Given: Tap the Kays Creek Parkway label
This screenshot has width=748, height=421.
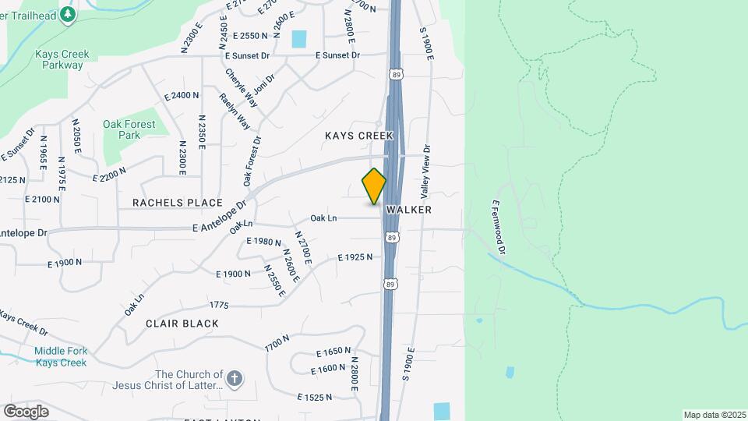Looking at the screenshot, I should tap(62, 59).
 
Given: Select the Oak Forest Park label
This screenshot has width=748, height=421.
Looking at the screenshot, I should tap(122, 129).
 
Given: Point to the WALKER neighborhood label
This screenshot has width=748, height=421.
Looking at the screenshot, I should tap(408, 210).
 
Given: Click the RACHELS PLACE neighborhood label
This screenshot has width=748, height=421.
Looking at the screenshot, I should tap(178, 203).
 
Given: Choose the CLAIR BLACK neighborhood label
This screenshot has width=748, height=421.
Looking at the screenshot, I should tap(181, 323).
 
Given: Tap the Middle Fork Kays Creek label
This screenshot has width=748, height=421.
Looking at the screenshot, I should tap(60, 357).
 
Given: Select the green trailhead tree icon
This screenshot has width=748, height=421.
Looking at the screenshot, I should tap(68, 13).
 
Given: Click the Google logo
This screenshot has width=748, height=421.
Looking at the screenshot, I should tap(26, 411).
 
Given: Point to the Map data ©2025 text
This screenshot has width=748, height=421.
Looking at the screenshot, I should tap(713, 415).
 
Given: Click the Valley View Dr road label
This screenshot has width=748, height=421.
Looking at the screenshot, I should tap(425, 171).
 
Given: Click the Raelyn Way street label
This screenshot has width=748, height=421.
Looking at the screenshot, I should tap(234, 111).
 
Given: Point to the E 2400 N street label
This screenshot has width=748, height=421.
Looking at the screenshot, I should tap(182, 95).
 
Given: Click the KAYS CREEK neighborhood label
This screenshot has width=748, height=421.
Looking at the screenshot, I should tap(360, 136).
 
